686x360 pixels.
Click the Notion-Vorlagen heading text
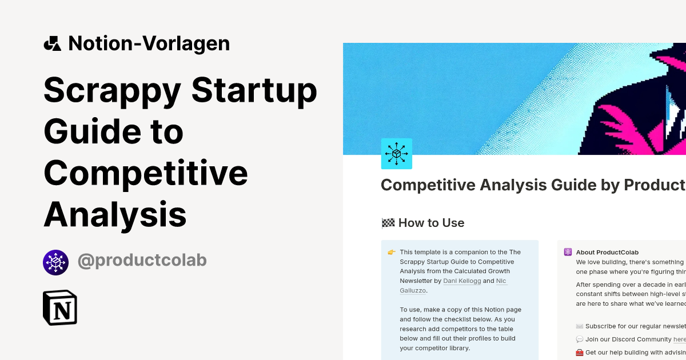149,43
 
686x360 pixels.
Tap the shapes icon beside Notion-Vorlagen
52,43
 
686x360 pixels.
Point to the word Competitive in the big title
146,174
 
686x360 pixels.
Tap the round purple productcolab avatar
55,262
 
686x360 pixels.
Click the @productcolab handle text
142,261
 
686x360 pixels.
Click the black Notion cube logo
60,307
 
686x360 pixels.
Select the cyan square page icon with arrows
397,154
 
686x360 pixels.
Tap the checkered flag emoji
388,223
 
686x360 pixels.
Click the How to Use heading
431,223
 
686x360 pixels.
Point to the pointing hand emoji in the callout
392,252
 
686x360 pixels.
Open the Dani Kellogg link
462,281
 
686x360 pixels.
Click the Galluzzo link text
413,290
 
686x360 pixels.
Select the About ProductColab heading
607,252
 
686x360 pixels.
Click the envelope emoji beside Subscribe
580,326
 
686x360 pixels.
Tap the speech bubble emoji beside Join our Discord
580,339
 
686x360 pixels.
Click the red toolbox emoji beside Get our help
580,353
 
